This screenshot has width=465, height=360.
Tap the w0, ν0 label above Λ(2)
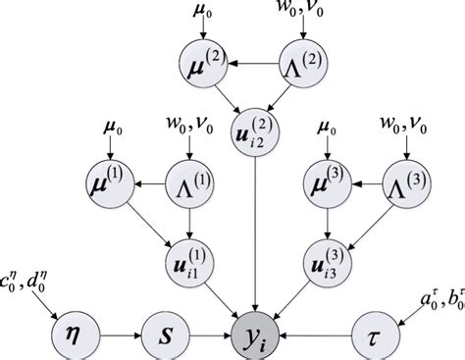pyautogui.click(x=304, y=12)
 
